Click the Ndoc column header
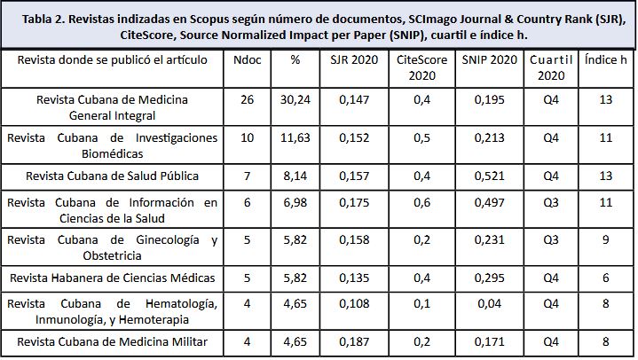247,59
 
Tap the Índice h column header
606,59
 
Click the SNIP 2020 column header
489,59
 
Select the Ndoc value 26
247,99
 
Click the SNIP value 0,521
489,176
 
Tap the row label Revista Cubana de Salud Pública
112,176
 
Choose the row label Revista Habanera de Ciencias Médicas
112,278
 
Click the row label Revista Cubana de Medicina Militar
112,340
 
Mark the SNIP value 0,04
489,303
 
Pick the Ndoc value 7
247,176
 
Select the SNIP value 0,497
489,202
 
